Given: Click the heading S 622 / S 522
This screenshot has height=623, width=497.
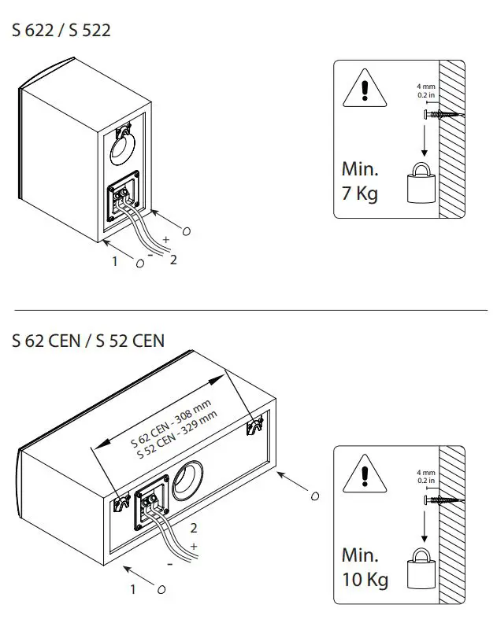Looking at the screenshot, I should click(61, 31).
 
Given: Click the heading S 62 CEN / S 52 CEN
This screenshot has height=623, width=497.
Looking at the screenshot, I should click(88, 341).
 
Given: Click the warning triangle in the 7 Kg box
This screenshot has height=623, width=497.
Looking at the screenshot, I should click(363, 90).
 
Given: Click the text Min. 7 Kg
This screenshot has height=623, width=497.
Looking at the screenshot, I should click(360, 181).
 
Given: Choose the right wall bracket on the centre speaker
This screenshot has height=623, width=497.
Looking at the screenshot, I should click(254, 427).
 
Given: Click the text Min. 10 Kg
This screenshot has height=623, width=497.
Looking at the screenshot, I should click(365, 568).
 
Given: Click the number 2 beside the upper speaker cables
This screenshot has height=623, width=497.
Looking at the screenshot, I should click(173, 260).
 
